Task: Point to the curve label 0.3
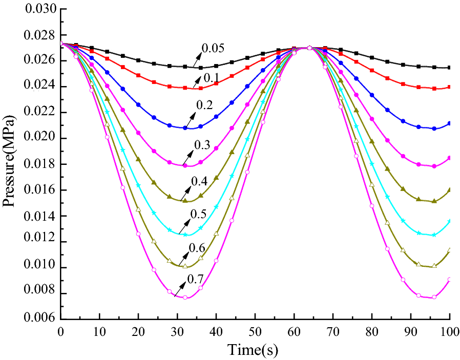tap(203, 145)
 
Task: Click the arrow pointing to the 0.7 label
tap(180, 290)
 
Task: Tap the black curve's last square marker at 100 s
tap(449, 68)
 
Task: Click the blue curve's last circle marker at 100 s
tap(449, 123)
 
